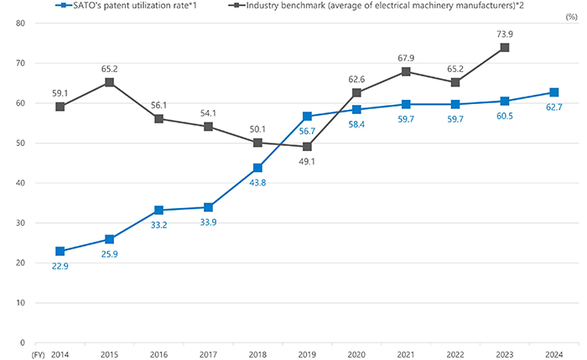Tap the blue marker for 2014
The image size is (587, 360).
[60, 251]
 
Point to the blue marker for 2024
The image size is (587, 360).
[555, 92]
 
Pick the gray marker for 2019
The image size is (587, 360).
[308, 147]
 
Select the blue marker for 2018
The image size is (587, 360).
[258, 168]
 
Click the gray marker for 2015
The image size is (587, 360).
[110, 82]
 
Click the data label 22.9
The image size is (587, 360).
[60, 267]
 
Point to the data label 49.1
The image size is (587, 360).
[308, 163]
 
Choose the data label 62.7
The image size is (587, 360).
[555, 108]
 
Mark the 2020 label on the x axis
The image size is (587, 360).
[357, 354]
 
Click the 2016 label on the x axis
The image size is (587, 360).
[159, 354]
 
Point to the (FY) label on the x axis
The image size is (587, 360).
[36, 354]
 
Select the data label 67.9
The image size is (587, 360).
[407, 57]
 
